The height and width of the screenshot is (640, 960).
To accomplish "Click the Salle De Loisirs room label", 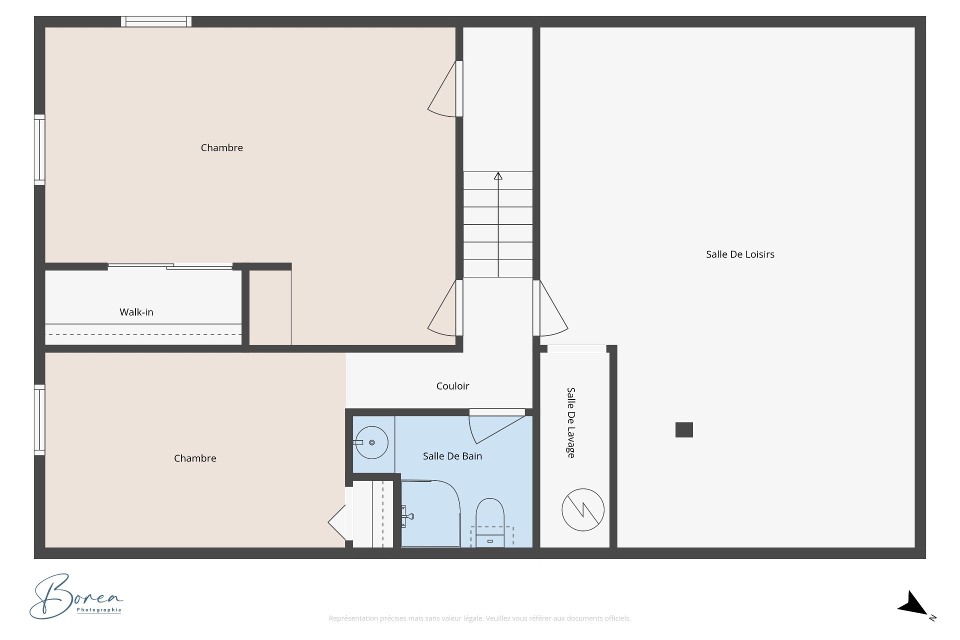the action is [740, 254].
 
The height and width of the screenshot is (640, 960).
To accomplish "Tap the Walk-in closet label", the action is [136, 312].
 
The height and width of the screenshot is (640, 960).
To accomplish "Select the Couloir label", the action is [452, 386].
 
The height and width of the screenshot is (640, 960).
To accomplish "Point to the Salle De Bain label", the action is [452, 456].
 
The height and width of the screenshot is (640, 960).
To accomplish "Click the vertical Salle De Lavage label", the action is [571, 422].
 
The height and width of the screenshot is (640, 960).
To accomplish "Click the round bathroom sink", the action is [371, 442].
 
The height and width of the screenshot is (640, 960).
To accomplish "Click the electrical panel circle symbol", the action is [583, 510].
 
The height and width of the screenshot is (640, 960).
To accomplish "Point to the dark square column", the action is [684, 430].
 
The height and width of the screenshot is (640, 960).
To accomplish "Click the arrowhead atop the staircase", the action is [498, 176].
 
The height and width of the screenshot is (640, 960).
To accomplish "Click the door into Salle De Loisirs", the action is [550, 308].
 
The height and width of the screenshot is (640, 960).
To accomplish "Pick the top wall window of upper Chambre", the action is [156, 21].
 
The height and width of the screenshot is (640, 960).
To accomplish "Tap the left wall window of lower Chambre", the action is [39, 420].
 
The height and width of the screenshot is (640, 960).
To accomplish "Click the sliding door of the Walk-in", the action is [170, 266].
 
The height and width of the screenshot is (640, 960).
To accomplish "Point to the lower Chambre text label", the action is [195, 458].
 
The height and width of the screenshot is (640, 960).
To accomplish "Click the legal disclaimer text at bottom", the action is [479, 618].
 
